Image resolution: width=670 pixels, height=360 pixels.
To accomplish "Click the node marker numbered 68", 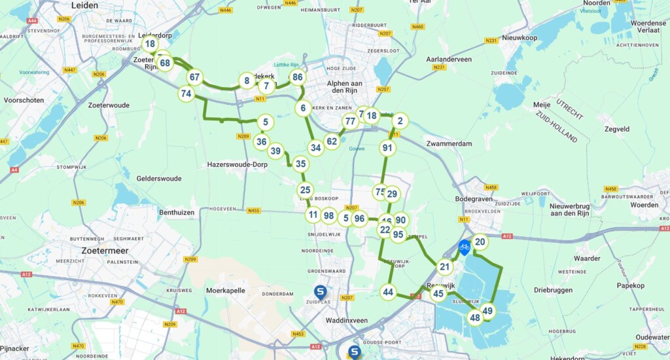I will point(165,63).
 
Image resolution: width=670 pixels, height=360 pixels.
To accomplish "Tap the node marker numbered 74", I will point(186,94).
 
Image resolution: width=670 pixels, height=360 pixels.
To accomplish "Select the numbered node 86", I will point(298,77).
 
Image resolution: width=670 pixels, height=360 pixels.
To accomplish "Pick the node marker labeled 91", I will point(388,148).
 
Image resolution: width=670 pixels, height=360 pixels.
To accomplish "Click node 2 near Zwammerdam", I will point(400,120).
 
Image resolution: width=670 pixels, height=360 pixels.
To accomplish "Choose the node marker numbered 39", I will point(276,151).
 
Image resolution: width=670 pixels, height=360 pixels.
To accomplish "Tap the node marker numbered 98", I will point(329,215).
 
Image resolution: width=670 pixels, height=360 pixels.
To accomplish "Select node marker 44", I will point(389,292).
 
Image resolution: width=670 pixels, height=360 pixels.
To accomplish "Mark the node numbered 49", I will point(487,311).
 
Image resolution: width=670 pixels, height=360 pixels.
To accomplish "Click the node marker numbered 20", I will point(480,242).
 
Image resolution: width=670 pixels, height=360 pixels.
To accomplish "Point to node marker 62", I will point(332,141).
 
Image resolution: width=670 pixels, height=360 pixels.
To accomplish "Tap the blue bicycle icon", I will point(464,247).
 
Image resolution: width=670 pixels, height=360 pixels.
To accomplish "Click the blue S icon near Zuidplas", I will point(321,293).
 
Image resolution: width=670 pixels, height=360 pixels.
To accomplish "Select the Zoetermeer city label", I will point(104,250).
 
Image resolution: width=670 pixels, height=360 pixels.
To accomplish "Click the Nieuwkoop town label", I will point(520,38).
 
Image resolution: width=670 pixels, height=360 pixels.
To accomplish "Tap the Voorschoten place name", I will point(24,101).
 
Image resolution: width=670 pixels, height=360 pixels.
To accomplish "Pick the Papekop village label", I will point(630,285).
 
